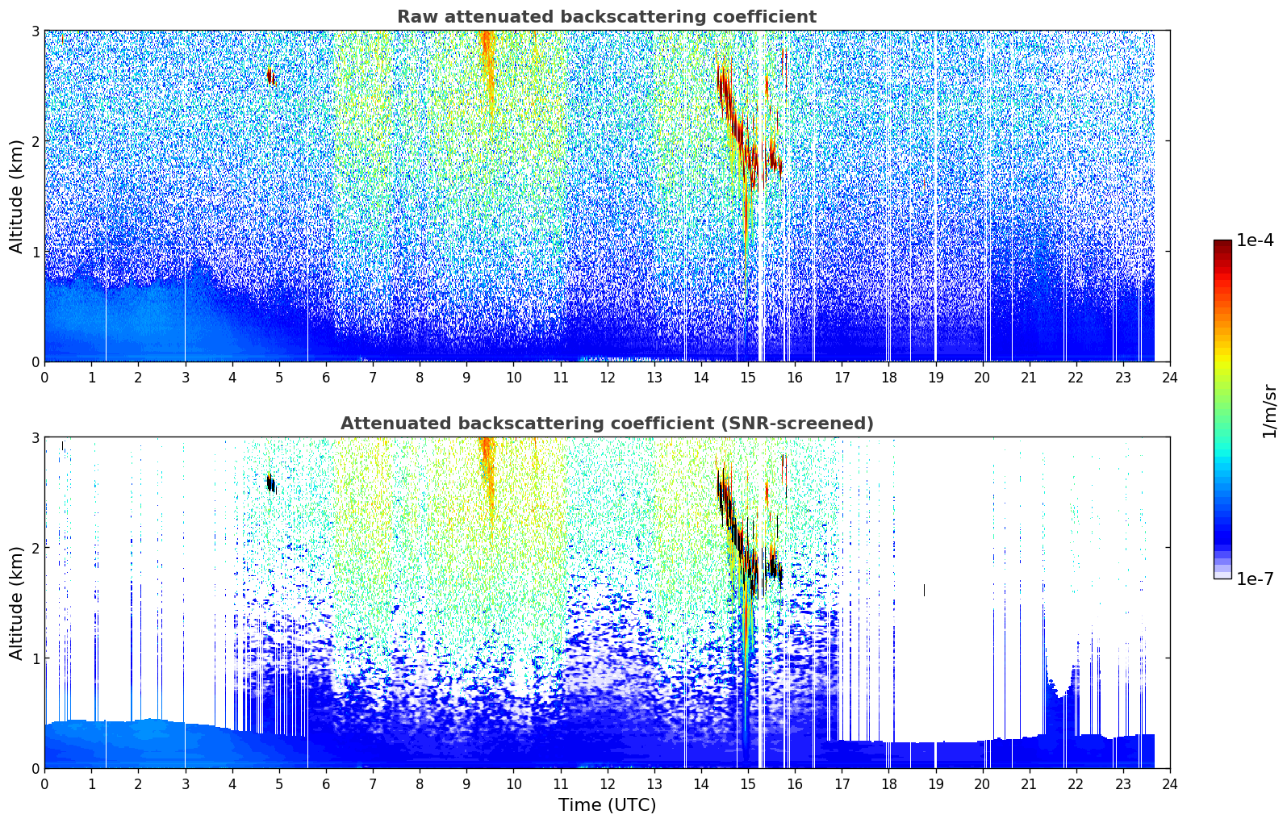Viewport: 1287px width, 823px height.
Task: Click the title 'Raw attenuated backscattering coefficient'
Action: pos(607,17)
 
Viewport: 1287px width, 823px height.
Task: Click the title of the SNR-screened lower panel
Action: pos(607,424)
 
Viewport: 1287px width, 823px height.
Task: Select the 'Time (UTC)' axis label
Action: pos(607,805)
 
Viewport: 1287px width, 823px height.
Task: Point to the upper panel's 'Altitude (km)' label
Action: pos(17,196)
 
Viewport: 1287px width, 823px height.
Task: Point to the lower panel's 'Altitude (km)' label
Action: pos(17,603)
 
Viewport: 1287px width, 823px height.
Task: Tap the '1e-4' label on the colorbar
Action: pos(1255,240)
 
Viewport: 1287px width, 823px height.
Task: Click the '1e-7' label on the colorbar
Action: pos(1255,579)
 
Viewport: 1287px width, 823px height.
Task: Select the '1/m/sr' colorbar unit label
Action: pos(1269,410)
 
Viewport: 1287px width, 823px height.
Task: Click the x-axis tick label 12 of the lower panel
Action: pos(607,784)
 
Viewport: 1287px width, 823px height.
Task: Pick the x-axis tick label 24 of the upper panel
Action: pos(1169,378)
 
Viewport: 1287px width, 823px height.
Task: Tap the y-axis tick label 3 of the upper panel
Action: pos(36,31)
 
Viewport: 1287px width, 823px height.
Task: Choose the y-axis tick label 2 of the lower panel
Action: pos(36,548)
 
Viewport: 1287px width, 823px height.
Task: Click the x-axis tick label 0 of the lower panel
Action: pos(44,784)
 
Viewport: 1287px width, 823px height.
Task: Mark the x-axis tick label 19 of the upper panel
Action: pos(935,378)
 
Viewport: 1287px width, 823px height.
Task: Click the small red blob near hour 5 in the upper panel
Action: pos(271,77)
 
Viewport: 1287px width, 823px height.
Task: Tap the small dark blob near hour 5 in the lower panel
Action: pos(271,483)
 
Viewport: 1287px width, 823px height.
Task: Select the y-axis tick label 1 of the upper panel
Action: pos(36,252)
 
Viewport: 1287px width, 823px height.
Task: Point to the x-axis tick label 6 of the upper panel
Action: pos(326,378)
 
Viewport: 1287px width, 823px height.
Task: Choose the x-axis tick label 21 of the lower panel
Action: pos(1029,784)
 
